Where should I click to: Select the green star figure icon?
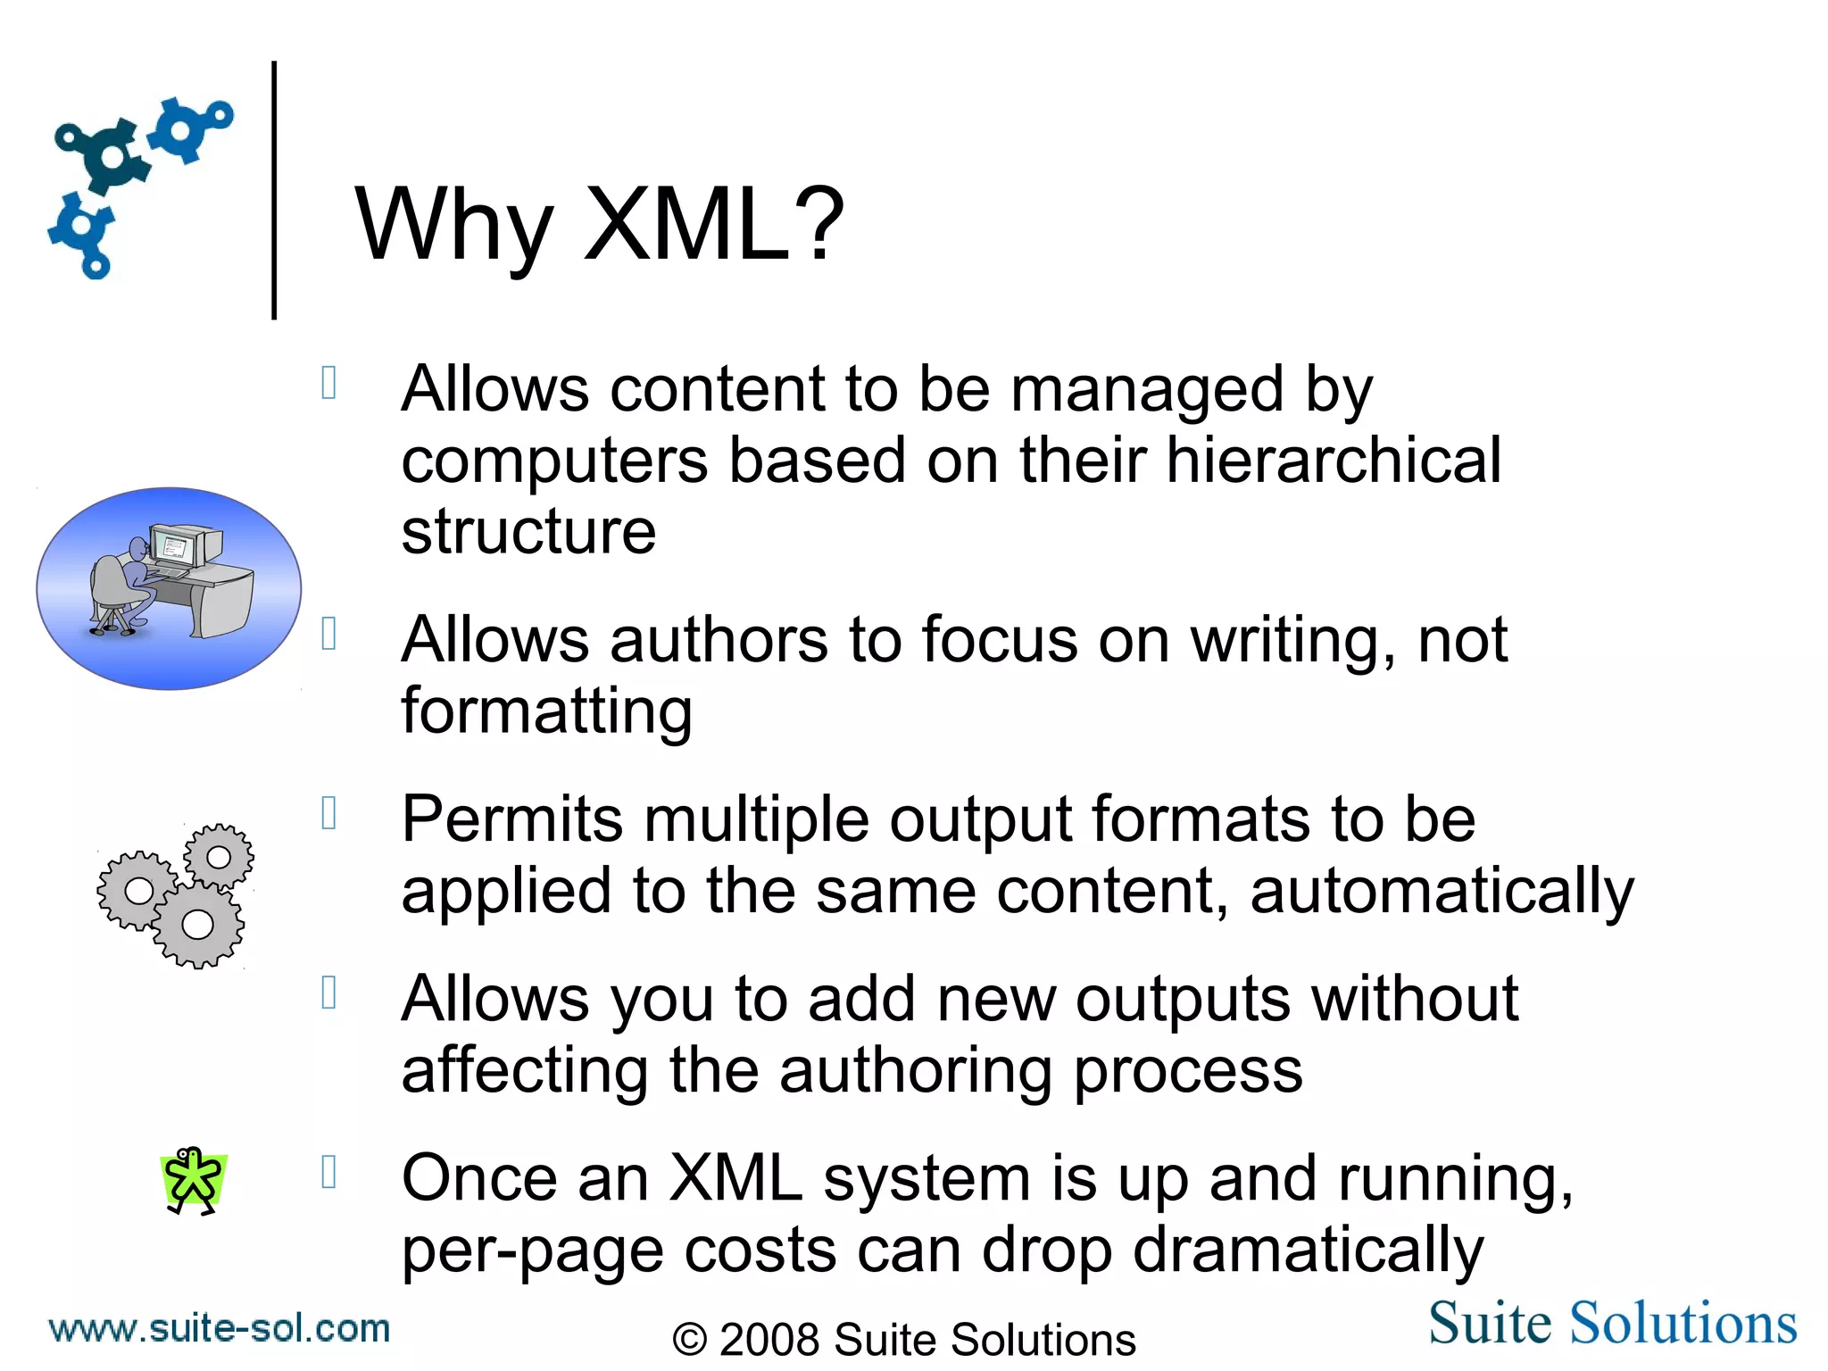click(x=193, y=1181)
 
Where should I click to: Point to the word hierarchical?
click(x=1334, y=461)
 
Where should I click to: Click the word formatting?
click(x=546, y=712)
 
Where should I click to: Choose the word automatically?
click(x=1442, y=891)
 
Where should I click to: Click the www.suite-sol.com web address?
click(x=220, y=1328)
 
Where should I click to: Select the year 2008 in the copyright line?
click(x=769, y=1340)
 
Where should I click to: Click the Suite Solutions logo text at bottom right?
click(x=1612, y=1323)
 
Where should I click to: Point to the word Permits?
click(x=511, y=819)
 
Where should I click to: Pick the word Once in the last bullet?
click(x=479, y=1178)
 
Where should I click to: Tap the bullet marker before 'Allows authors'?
click(x=328, y=634)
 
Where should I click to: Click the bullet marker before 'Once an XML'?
click(x=328, y=1172)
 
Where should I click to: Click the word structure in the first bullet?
click(x=528, y=532)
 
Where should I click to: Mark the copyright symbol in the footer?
click(x=690, y=1340)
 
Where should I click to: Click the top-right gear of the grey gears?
click(x=219, y=857)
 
